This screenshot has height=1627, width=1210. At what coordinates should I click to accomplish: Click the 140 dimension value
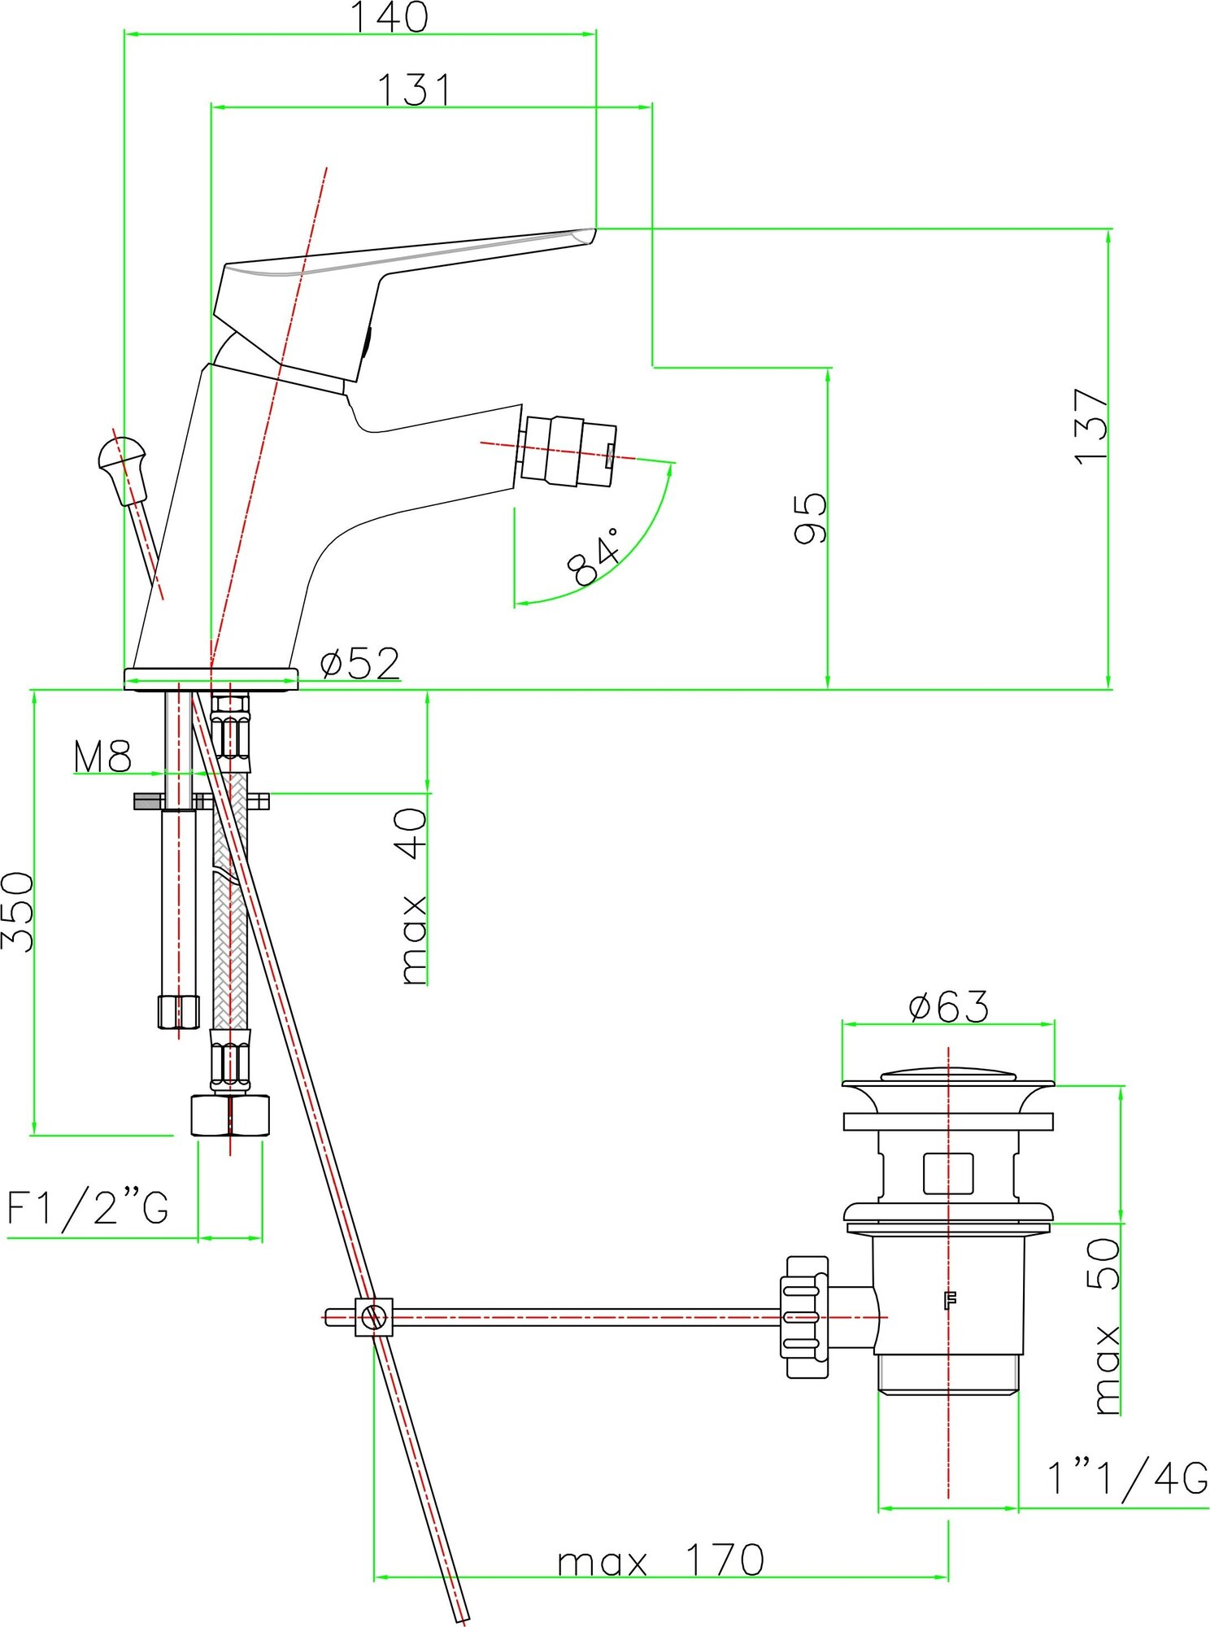coord(389,17)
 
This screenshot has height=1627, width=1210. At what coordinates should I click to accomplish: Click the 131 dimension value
coord(414,90)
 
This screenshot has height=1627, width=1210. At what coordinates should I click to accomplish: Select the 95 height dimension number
coord(810,517)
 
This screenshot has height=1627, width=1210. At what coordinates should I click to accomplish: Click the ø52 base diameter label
coord(360,664)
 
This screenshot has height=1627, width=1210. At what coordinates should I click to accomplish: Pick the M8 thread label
coord(102,756)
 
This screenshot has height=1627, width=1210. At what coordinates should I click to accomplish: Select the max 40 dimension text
coord(414,895)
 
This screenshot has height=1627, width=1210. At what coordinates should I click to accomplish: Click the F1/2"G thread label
coord(88,1206)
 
